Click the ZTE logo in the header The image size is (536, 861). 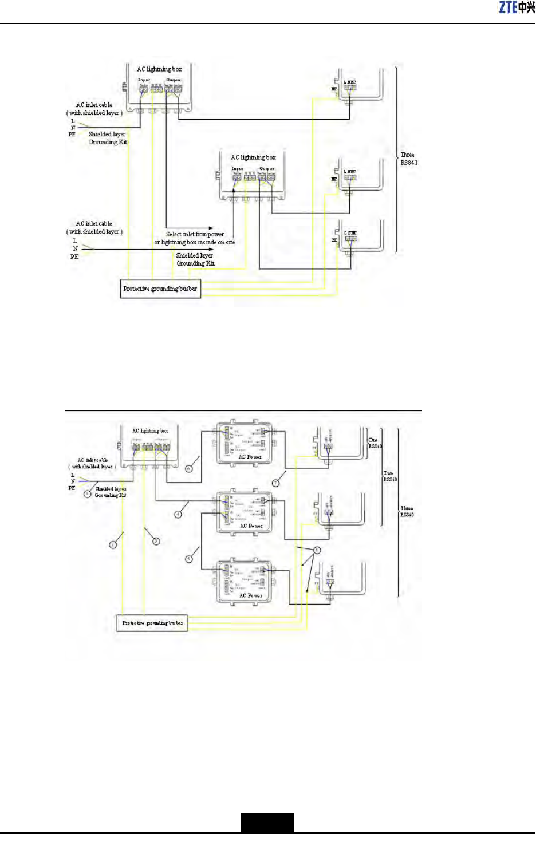coord(517,7)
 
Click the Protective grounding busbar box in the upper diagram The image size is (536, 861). coord(160,289)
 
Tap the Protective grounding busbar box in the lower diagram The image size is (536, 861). coord(152,623)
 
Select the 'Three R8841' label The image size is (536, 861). coord(409,159)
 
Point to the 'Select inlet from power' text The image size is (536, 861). coord(195,234)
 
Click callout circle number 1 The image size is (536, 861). coord(87,493)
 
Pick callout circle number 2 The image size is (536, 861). coord(113,544)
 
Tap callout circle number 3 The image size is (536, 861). coord(156,541)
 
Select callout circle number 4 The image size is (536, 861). coord(178,514)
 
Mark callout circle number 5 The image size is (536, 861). coord(188,559)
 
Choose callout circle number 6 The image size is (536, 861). coord(189,468)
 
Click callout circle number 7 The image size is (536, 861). coord(275,483)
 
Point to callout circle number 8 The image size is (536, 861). coord(317,550)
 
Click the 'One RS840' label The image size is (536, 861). coord(375,443)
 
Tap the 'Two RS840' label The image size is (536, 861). coord(390,476)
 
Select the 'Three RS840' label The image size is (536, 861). coord(407,511)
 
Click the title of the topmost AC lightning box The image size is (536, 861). coord(159,69)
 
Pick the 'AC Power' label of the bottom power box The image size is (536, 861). coord(251,595)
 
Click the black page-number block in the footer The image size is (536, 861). coord(267,822)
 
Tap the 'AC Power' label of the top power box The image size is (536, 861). coord(250,457)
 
